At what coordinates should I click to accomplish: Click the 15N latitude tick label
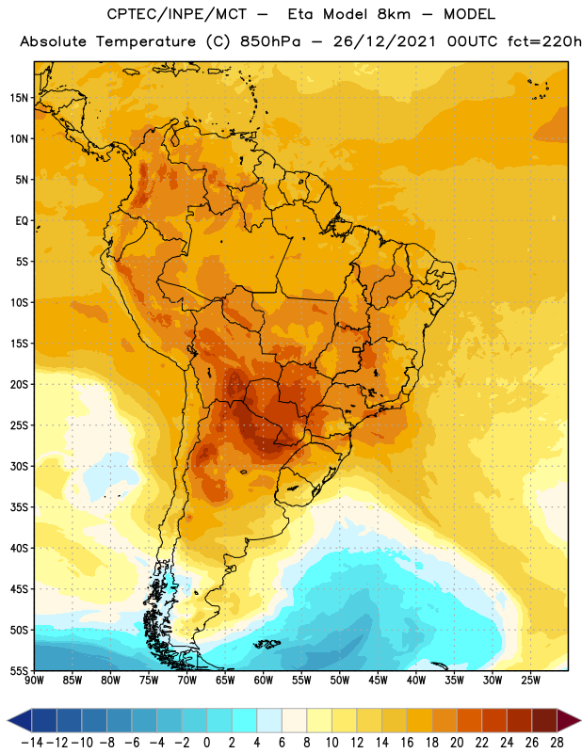click(19, 98)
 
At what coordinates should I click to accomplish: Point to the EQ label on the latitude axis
click(22, 221)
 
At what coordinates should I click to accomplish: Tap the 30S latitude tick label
click(19, 466)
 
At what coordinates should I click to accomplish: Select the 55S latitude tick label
click(19, 671)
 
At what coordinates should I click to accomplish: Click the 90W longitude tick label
click(34, 681)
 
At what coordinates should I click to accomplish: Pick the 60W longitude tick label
click(264, 681)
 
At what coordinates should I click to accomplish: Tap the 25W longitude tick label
click(530, 681)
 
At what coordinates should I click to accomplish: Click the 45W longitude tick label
click(378, 681)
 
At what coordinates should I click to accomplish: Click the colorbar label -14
click(32, 743)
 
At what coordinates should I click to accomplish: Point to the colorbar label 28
click(557, 743)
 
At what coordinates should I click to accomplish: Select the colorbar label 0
click(206, 743)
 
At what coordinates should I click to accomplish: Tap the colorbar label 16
click(407, 743)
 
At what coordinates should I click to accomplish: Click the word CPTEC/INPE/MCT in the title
click(176, 14)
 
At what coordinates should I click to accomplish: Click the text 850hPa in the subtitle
click(270, 41)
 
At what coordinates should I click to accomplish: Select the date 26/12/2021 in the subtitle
click(384, 41)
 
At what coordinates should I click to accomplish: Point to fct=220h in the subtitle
click(544, 41)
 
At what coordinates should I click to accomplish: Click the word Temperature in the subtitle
click(146, 41)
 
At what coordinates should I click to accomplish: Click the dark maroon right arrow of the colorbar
click(569, 721)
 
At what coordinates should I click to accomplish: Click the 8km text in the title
click(394, 14)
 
